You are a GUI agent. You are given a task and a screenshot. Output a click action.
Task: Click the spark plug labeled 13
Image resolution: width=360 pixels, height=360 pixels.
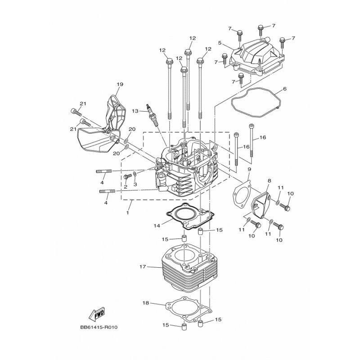pos(152,115)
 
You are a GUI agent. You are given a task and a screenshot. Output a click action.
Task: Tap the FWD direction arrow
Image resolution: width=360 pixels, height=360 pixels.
pos(97,314)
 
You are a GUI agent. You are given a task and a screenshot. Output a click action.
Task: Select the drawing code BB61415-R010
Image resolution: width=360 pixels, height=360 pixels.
pos(99,328)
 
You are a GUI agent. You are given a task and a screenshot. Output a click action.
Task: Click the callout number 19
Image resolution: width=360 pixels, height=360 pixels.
pos(120,84)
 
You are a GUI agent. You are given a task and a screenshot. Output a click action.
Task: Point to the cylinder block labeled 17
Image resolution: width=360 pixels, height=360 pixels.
pos(189,267)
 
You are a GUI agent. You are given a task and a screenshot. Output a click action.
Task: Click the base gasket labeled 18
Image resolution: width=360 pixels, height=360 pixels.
pos(189,309)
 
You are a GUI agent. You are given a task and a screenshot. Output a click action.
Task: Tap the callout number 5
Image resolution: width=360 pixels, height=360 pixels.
pos(220,43)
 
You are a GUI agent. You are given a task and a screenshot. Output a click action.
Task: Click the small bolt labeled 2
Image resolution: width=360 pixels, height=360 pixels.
pos(127,177)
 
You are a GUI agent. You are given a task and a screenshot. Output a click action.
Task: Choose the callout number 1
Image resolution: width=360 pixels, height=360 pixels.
pos(127,212)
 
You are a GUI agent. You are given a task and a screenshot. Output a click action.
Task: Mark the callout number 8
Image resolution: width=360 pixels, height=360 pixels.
pos(269,181)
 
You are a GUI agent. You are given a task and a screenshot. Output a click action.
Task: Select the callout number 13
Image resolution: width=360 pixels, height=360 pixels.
pos(135,111)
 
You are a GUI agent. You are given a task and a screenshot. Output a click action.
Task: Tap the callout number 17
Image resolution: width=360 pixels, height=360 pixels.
pos(143,267)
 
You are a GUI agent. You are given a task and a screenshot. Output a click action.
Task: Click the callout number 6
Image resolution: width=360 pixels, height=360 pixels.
pos(285,89)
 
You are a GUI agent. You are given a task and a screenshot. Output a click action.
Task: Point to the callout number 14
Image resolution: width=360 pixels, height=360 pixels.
pos(157,226)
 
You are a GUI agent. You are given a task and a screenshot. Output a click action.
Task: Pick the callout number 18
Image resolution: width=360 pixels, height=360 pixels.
pos(146,303)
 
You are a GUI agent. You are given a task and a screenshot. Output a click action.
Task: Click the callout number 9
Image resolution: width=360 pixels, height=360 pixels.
pos(250,169)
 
